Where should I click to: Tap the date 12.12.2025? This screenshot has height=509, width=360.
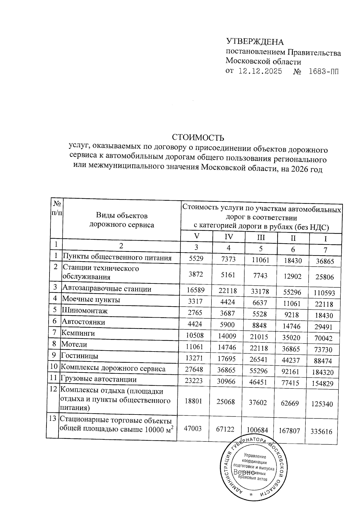[x=260, y=72]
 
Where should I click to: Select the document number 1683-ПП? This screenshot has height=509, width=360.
[x=323, y=72]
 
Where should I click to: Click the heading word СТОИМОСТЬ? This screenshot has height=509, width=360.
[x=198, y=138]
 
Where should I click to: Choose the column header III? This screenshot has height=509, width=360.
[x=261, y=238]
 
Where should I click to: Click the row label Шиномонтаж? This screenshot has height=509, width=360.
[x=85, y=311]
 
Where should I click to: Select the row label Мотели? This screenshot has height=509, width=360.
[x=74, y=344]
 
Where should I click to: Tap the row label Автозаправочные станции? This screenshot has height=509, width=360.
[x=106, y=289]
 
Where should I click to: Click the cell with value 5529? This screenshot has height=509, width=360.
[x=196, y=258]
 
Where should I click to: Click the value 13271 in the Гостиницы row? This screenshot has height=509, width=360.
[x=194, y=358]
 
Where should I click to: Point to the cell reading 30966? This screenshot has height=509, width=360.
[x=227, y=381]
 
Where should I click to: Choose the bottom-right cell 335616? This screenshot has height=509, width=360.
[x=322, y=432]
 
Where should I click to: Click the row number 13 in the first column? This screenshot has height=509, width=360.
[x=53, y=419]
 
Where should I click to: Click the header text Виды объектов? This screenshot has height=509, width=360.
[x=122, y=215]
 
